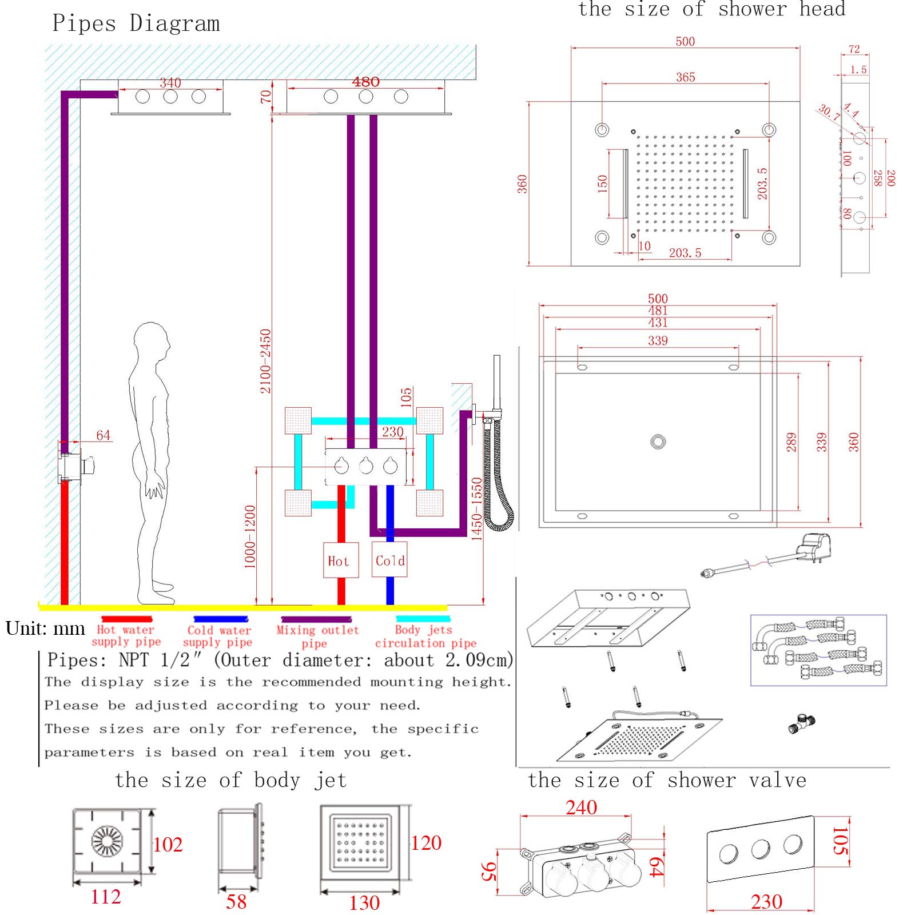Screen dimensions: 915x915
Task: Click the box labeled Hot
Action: [341, 560]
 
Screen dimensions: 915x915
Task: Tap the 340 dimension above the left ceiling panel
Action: [170, 83]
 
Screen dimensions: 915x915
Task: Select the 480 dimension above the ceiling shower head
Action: [366, 82]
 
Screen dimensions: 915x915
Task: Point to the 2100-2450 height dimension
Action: [265, 361]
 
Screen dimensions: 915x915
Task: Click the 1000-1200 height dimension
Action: [250, 536]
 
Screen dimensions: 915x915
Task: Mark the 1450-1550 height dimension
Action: [476, 508]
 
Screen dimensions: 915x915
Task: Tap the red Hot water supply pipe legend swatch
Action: [127, 619]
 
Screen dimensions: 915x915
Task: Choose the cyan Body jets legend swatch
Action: [423, 619]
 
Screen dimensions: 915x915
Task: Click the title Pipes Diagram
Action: [136, 23]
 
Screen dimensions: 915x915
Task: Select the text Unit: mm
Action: [45, 628]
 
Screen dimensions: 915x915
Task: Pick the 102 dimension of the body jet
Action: [168, 844]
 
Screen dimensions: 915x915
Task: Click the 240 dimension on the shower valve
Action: [581, 807]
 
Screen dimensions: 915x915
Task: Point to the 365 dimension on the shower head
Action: [685, 77]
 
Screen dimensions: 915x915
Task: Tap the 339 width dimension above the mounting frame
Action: [658, 341]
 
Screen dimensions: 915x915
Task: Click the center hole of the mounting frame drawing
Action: [658, 441]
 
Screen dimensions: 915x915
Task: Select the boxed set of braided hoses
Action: [818, 650]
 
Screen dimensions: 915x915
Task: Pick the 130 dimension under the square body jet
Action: [364, 903]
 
